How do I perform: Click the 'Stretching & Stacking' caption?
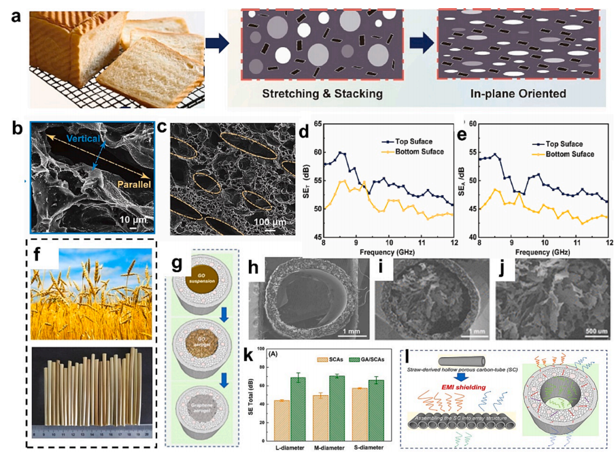point(321,93)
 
